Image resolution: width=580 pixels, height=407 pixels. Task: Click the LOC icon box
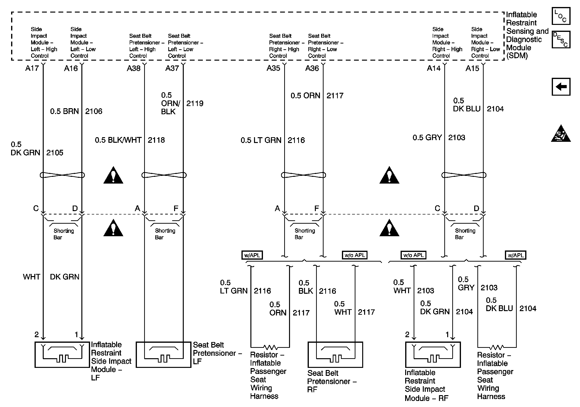point(560,16)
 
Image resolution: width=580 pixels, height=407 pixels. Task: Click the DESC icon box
point(560,39)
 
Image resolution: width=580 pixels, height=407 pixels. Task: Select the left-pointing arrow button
point(561,87)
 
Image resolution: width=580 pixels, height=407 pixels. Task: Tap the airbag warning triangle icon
point(560,134)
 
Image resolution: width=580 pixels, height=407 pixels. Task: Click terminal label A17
point(32,68)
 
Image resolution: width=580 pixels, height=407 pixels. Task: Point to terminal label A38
point(133,68)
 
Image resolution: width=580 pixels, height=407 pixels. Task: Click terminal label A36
point(312,68)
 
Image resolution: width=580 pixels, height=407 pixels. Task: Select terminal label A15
point(472,68)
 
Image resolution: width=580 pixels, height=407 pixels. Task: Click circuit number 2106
point(93,111)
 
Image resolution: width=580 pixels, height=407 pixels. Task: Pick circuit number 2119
point(195,103)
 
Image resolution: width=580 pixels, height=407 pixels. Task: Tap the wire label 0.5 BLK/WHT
point(118,140)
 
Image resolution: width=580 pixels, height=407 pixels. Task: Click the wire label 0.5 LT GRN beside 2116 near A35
point(261,140)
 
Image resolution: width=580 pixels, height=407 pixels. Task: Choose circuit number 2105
point(55,153)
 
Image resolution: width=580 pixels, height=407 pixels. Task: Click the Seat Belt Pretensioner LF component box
point(163,354)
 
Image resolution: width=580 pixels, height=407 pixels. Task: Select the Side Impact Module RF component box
point(433,354)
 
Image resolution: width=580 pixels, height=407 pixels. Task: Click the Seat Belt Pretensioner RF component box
point(335,354)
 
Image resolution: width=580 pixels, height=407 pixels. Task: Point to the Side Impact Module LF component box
point(62,354)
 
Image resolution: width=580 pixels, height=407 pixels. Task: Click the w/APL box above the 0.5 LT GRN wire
point(252,255)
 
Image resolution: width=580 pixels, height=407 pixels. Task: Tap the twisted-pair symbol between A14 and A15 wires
point(464,175)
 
